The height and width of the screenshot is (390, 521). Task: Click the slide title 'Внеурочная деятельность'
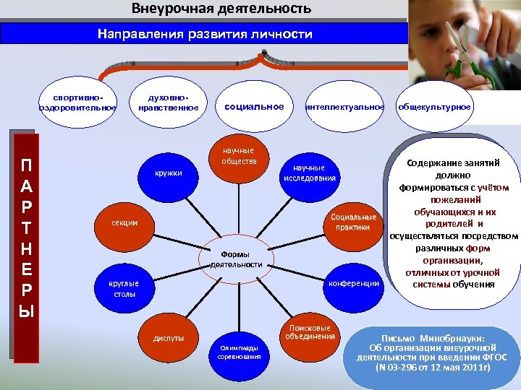coord(221,9)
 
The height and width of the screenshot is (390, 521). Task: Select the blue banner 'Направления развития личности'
coord(205,34)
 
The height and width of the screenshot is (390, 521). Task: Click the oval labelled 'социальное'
coord(254,106)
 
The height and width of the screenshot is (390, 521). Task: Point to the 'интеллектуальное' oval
coord(344,107)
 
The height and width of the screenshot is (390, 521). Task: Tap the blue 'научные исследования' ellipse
coord(310,173)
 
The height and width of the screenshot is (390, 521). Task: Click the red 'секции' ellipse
coord(124,222)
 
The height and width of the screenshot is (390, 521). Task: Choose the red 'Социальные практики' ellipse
coord(353,222)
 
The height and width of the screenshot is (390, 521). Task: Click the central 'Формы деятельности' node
coord(236,259)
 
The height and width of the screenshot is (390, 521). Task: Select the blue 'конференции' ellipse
coord(353,283)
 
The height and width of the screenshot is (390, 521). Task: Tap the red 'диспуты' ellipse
coord(168,338)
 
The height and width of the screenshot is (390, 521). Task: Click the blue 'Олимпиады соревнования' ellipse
coord(239,352)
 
